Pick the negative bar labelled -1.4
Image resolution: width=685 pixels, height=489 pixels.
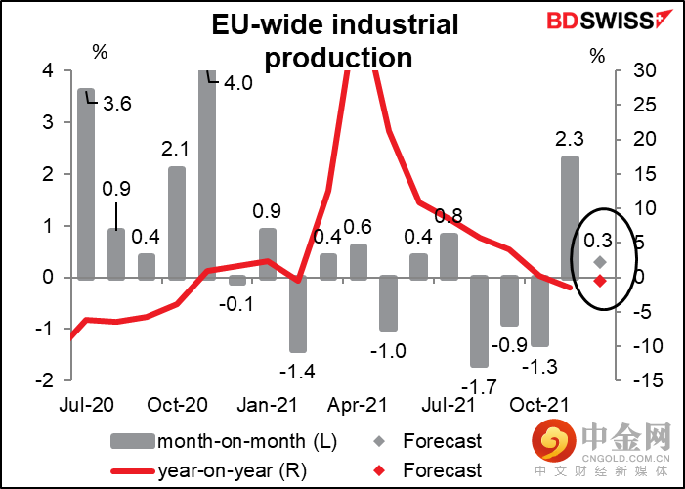298,314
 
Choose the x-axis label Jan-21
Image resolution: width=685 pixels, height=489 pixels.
267,404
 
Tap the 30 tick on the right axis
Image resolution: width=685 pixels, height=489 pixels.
634,71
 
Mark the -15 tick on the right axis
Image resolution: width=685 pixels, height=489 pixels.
636,380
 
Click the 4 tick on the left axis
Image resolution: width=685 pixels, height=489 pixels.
47,71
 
